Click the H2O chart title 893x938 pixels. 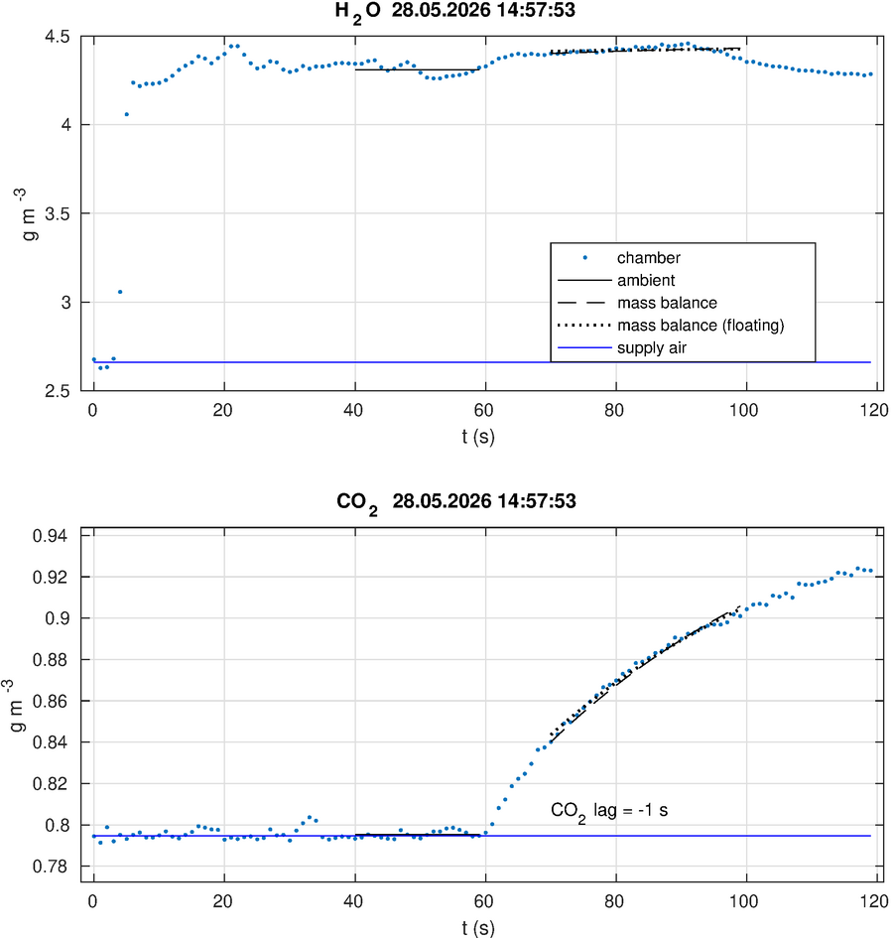[454, 11]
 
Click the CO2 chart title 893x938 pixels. [455, 502]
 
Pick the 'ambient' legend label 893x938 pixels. [646, 280]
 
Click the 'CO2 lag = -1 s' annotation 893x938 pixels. [609, 812]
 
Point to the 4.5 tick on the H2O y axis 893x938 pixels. [58, 37]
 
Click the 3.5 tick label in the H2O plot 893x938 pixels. [58, 213]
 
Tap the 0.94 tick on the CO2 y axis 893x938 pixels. [51, 535]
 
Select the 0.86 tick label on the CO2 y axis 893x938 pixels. [51, 701]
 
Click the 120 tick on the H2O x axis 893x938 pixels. [875, 410]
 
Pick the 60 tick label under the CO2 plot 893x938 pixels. [484, 901]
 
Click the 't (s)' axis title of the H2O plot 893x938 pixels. [478, 437]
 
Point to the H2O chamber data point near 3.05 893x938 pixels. [120, 292]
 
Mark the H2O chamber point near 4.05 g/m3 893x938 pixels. [127, 114]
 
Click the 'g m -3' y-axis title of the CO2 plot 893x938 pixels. [17, 706]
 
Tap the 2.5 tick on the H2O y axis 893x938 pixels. [58, 391]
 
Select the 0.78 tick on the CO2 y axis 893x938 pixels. [51, 867]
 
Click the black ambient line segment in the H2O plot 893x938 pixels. [418, 70]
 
